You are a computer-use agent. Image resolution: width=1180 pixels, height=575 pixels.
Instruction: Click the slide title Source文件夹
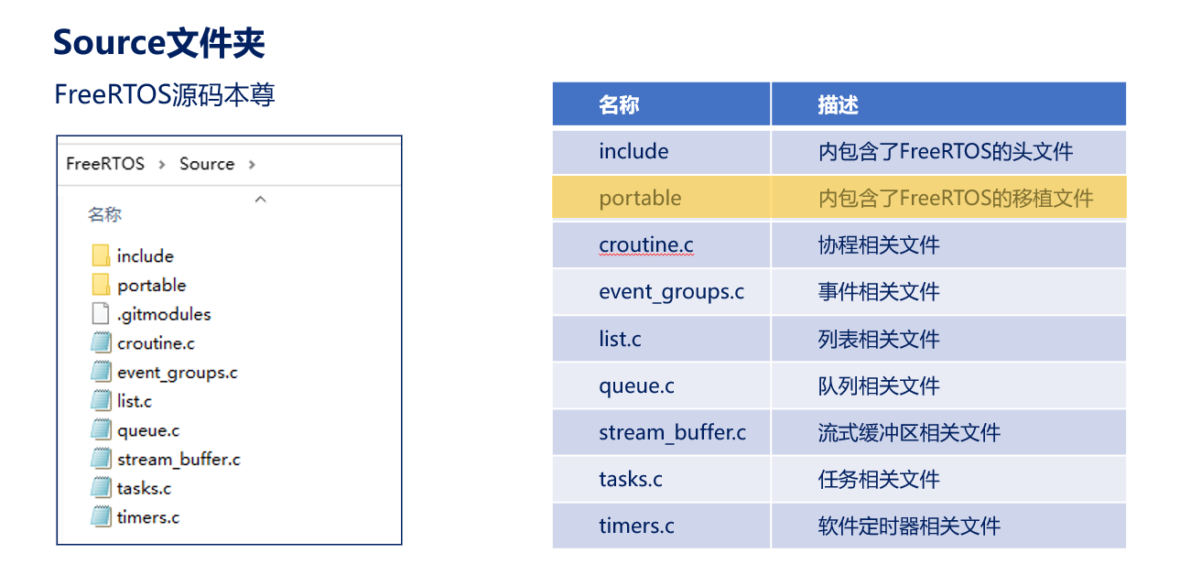158,43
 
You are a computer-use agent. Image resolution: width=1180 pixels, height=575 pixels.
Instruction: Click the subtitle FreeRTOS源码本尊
165,95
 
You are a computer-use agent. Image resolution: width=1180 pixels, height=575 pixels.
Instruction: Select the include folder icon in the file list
101,255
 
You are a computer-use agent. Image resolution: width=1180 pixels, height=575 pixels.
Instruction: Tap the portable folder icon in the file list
101,285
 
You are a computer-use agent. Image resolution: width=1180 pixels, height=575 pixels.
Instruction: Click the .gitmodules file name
164,315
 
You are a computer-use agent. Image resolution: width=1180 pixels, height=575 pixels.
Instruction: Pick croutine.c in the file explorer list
156,343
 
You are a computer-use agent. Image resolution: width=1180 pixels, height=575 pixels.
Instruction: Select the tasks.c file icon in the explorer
101,487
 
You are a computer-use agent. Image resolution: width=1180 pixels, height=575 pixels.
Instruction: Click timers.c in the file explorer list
148,517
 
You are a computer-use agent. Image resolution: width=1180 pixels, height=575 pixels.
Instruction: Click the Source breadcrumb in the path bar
207,164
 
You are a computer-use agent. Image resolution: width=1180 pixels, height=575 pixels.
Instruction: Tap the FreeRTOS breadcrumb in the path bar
105,164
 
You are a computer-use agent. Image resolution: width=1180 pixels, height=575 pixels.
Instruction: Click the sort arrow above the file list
260,200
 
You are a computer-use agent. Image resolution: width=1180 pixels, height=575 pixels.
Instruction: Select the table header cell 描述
948,103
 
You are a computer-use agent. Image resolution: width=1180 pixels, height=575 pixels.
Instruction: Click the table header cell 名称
661,103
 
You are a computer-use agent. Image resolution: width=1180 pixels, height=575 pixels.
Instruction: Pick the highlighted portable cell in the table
661,198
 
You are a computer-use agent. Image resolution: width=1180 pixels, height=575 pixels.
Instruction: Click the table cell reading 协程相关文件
948,245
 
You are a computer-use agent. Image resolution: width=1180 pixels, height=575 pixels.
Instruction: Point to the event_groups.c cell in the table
661,292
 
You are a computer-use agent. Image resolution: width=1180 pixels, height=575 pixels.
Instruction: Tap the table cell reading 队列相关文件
948,385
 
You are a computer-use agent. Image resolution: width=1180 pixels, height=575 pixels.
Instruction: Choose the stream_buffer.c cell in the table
661,433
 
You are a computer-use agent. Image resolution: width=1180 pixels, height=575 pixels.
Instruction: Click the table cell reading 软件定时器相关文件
948,526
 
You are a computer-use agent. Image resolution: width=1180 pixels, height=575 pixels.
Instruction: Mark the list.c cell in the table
661,339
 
